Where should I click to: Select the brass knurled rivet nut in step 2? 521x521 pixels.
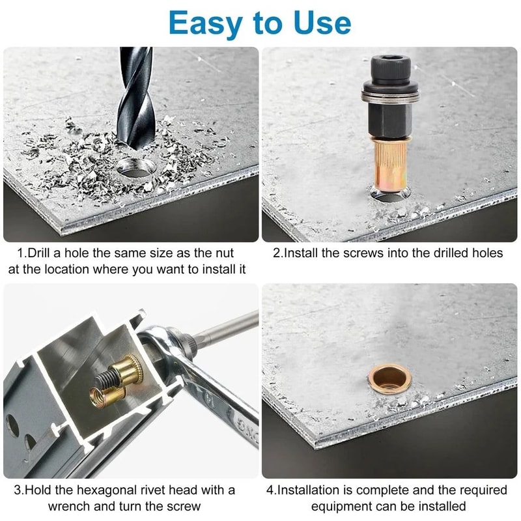click(389, 160)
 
